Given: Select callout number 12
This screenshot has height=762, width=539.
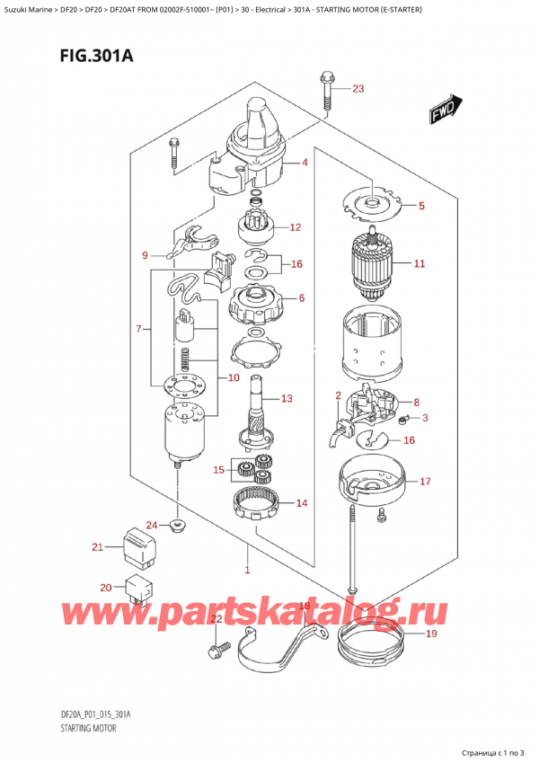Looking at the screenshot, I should click(x=295, y=226).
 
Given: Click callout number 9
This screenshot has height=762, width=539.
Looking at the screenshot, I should click(x=146, y=256).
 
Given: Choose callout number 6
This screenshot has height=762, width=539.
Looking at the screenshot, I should click(x=301, y=298).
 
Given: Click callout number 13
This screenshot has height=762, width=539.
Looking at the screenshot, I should click(x=287, y=398).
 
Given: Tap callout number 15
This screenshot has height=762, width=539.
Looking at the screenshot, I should click(x=218, y=469).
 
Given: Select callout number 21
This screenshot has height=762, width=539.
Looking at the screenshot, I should click(x=97, y=547).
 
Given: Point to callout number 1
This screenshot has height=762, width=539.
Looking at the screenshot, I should click(x=246, y=569).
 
